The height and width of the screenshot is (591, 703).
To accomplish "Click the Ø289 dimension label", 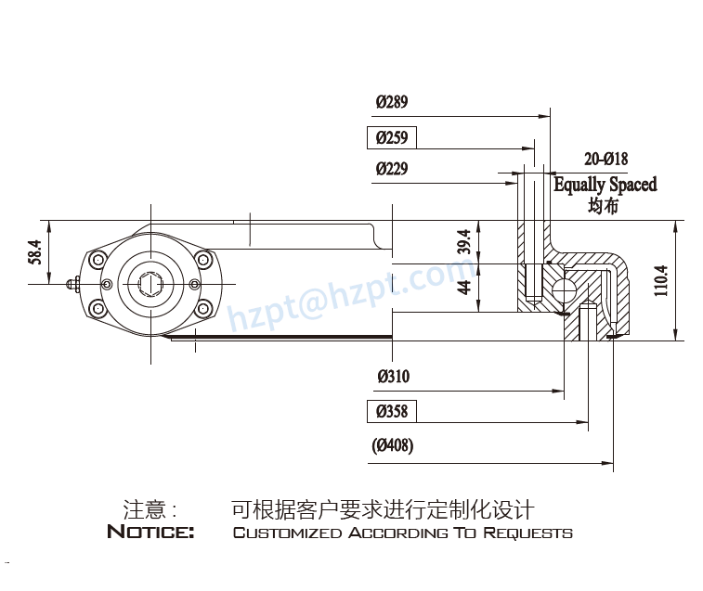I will point(391,102).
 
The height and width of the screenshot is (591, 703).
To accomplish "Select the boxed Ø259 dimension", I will point(391,138).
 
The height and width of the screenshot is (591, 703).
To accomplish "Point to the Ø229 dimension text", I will point(391,169).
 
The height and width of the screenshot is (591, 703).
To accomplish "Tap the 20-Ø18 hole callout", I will point(605,159).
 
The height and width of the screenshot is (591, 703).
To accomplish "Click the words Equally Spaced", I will point(605,184).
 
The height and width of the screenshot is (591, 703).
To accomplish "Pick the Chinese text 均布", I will point(603,206).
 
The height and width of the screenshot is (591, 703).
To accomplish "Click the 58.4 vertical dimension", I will point(35,252).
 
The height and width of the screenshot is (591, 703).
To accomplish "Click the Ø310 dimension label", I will point(393,377).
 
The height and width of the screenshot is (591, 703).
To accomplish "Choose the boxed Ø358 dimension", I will point(391,411).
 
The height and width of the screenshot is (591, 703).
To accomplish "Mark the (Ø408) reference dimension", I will point(393,446).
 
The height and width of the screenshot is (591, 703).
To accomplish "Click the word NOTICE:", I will point(150,533).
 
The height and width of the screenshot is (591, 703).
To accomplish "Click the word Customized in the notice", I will point(287,533).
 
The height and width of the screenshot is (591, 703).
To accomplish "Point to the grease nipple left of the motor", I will point(74,284).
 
